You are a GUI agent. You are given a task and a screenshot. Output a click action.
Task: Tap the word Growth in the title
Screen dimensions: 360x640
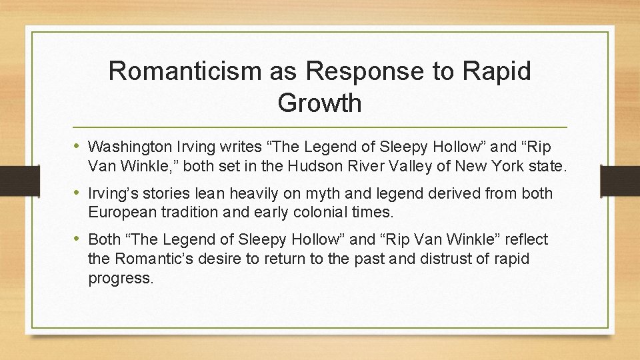(319, 103)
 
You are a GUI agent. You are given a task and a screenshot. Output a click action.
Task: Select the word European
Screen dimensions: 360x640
(123, 212)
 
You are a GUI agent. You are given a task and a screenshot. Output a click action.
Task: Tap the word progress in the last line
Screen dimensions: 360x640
(121, 277)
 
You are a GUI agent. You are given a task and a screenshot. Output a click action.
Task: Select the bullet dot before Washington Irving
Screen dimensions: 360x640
(79, 146)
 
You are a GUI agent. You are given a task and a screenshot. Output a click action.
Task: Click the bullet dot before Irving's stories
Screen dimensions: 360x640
(79, 193)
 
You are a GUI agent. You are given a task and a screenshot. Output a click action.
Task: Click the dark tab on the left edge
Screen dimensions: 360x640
(12, 179)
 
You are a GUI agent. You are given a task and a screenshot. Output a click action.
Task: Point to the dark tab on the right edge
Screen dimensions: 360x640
(621, 179)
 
